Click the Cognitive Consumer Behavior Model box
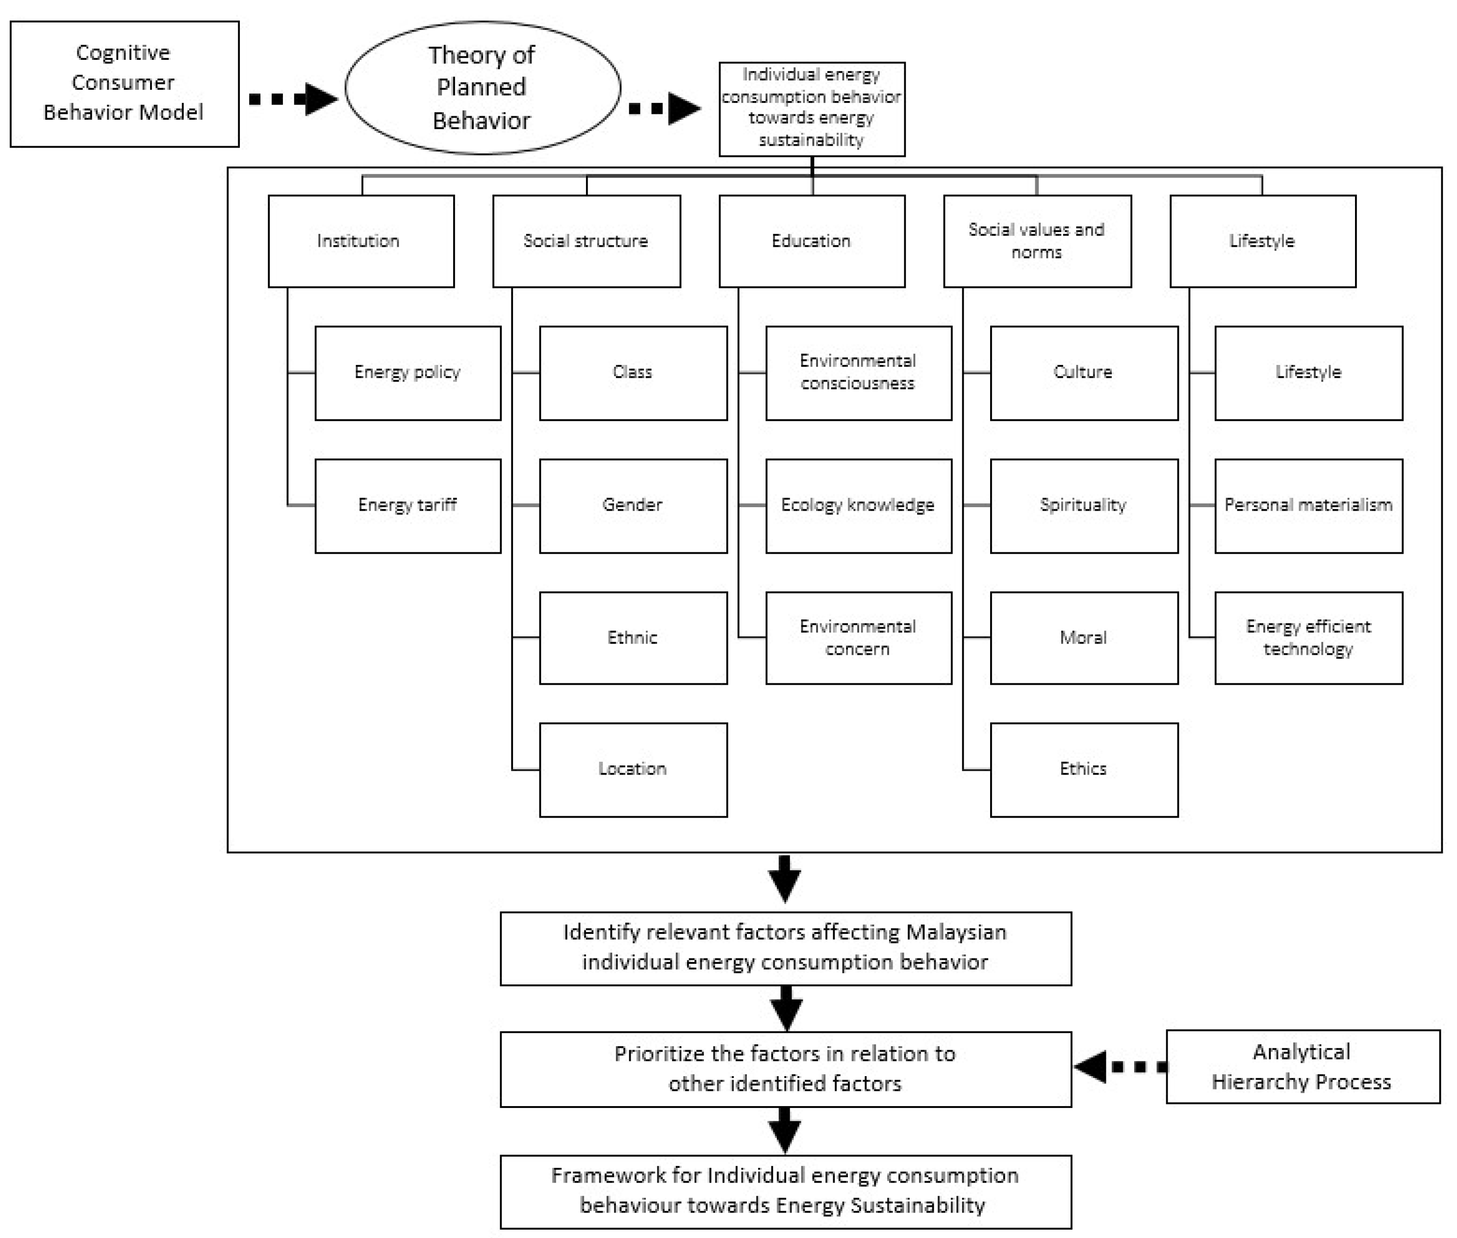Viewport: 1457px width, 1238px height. (124, 83)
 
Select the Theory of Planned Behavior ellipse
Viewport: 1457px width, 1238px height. (482, 87)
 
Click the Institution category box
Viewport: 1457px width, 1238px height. (361, 241)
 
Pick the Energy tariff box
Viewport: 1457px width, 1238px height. (408, 505)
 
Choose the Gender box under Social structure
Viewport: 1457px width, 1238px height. (633, 505)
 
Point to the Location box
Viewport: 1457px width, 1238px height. (633, 769)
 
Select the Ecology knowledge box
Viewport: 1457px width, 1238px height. (858, 505)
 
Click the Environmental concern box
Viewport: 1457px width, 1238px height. (858, 637)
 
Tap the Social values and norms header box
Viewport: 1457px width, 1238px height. (1037, 241)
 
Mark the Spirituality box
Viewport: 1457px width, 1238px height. (1084, 505)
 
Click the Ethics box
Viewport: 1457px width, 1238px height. (1084, 769)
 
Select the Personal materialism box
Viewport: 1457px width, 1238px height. (1308, 505)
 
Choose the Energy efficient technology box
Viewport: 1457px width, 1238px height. (1308, 637)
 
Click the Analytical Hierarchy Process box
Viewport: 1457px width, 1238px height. (1303, 1067)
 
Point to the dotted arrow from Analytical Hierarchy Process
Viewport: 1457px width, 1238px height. (1120, 1067)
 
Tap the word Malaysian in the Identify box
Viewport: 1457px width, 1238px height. (956, 932)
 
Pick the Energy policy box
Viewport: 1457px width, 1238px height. (408, 373)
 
